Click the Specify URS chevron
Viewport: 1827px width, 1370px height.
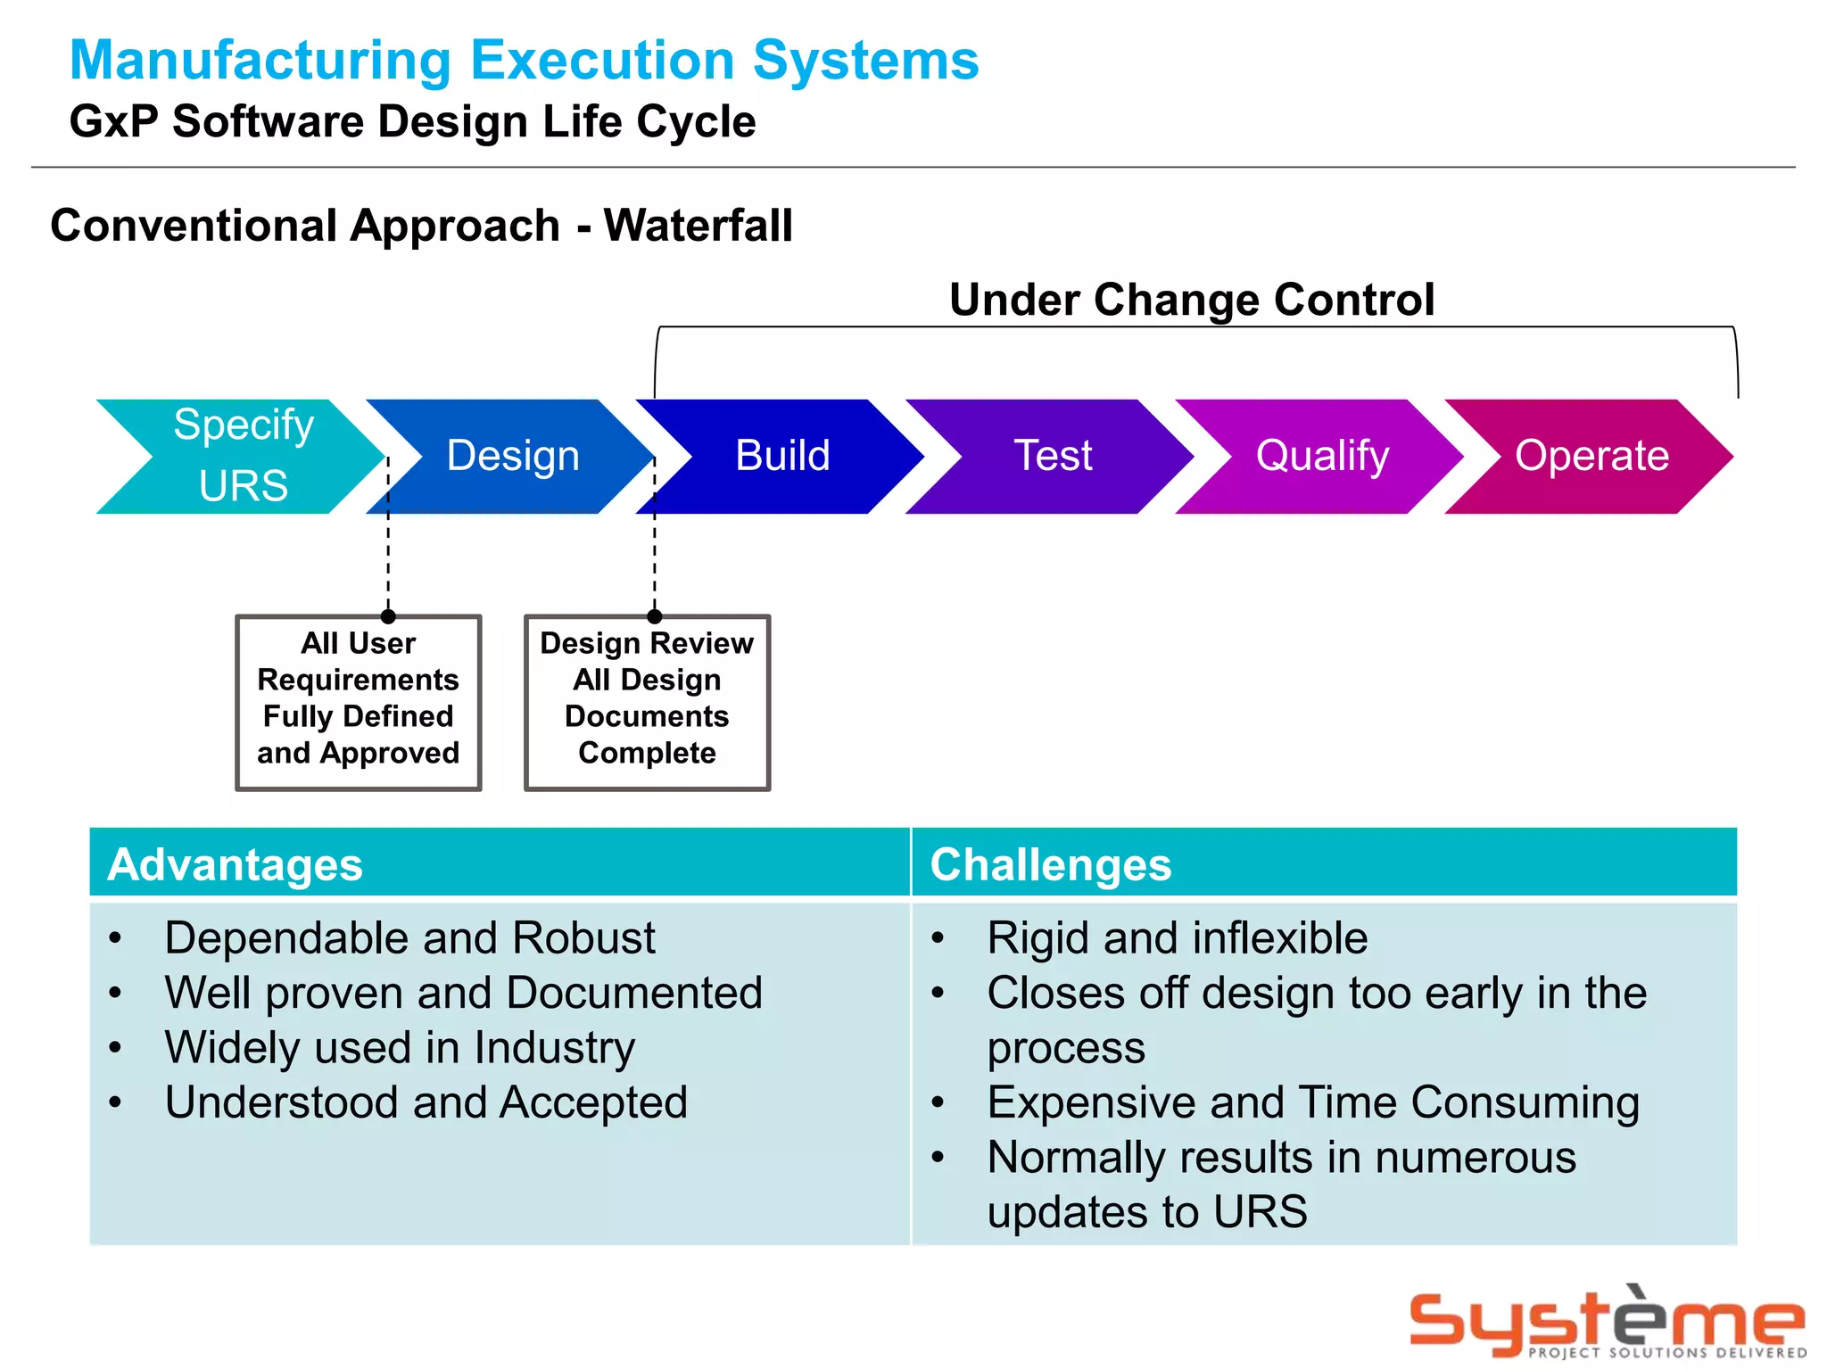tap(243, 456)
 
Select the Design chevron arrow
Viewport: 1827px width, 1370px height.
tap(512, 456)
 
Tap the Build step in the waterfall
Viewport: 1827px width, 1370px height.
tap(782, 456)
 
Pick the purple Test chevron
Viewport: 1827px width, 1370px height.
tap(1052, 456)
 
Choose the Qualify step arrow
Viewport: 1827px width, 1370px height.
tap(1321, 456)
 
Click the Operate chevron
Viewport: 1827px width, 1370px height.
tap(1591, 456)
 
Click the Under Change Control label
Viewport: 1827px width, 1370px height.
tap(1191, 300)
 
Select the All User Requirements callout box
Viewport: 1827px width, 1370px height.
tap(359, 702)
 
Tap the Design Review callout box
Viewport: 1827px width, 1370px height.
tap(647, 702)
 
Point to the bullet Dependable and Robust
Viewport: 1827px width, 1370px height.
tap(409, 938)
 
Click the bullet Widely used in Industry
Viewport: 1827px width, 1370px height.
tap(400, 1048)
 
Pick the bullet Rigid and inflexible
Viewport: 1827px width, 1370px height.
tap(1177, 938)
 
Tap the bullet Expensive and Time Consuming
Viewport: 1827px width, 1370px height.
tap(1312, 1103)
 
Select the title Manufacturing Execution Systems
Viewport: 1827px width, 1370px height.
tap(524, 61)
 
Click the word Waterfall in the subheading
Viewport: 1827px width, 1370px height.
tap(698, 226)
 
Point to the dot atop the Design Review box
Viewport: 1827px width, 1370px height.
tap(655, 616)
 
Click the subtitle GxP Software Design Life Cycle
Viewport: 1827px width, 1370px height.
tap(412, 122)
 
